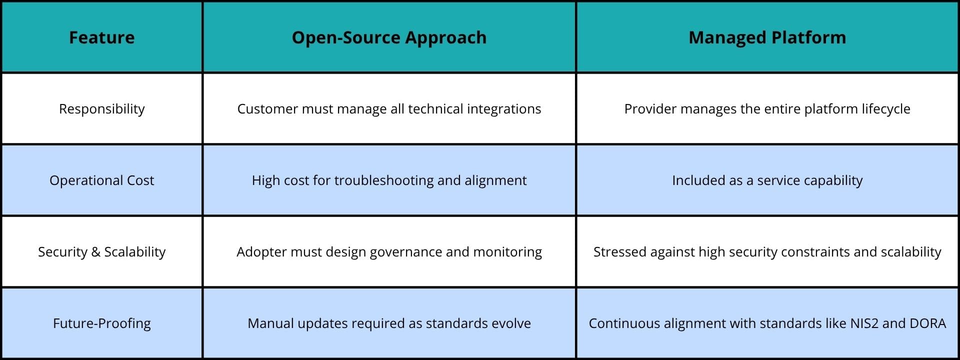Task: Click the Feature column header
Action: [x=101, y=37]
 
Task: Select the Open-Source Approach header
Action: [x=389, y=37]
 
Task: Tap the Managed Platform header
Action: [x=767, y=37]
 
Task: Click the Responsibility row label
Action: [x=101, y=109]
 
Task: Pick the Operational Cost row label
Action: [x=101, y=180]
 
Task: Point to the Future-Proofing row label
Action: [x=101, y=323]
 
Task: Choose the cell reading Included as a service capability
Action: [x=767, y=180]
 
